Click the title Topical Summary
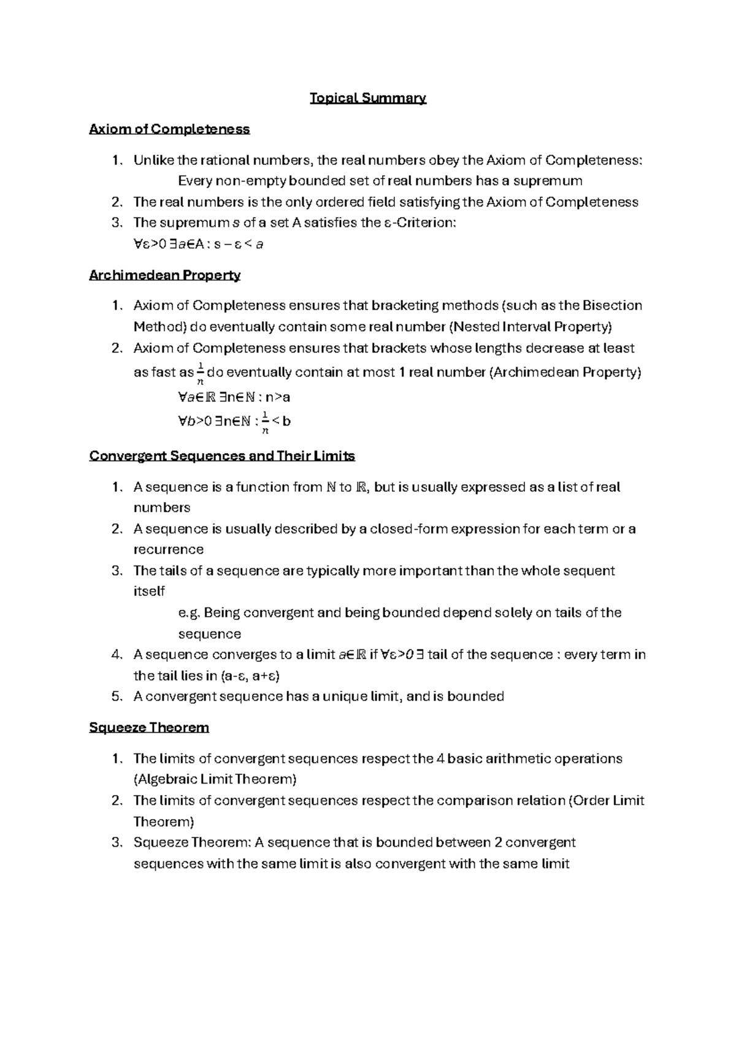[x=367, y=98]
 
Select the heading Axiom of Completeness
[x=169, y=129]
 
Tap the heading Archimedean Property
[x=164, y=275]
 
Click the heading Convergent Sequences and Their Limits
[x=222, y=457]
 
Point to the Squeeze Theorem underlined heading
[x=149, y=728]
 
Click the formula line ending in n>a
[x=233, y=397]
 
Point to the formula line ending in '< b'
[x=233, y=422]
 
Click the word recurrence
[x=168, y=550]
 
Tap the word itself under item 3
[x=148, y=592]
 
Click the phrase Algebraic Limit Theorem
[x=215, y=780]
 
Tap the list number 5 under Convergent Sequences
[x=118, y=697]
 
